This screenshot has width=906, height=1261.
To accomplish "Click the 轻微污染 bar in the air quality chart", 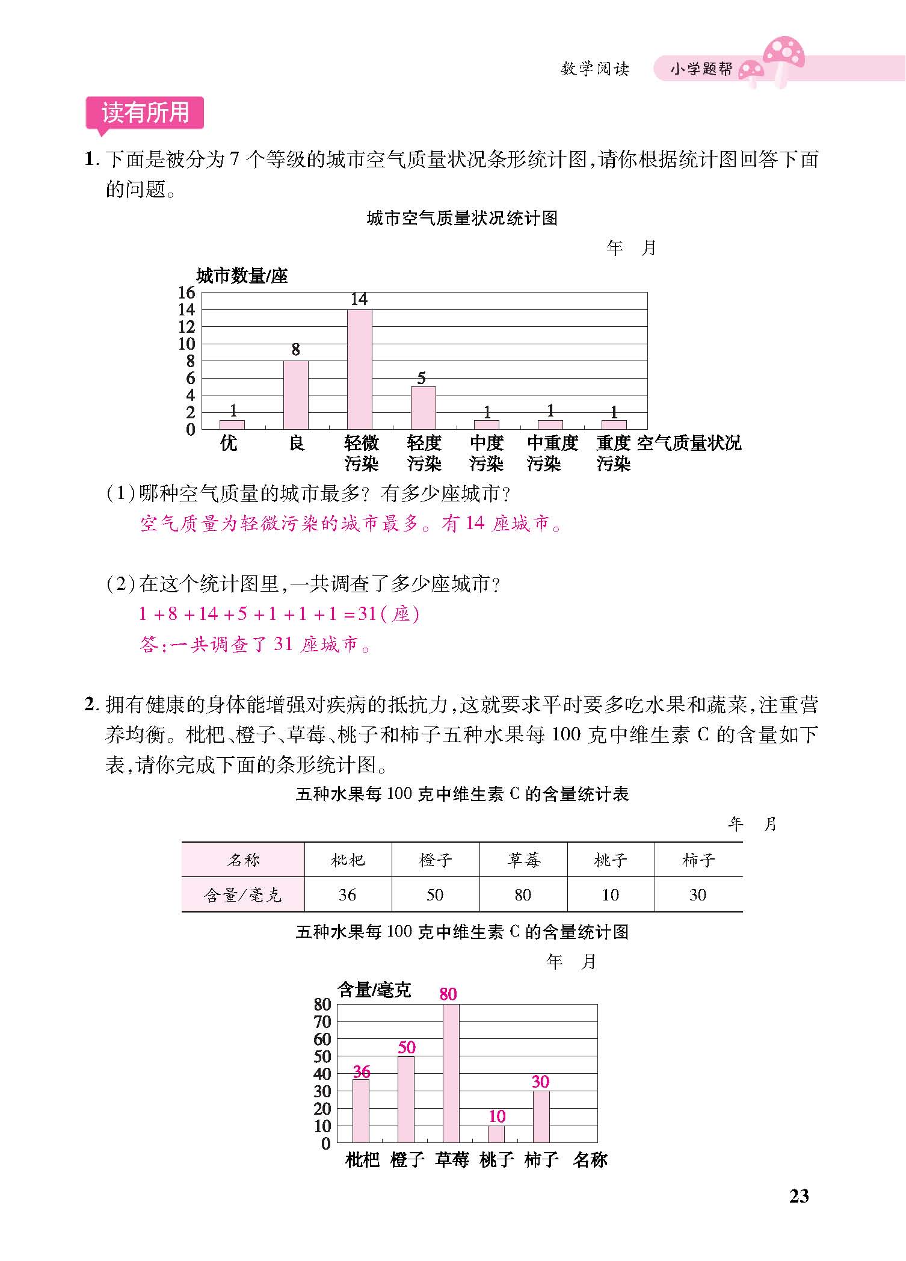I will pyautogui.click(x=359, y=369).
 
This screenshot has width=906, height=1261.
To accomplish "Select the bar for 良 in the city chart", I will pyautogui.click(x=295, y=395).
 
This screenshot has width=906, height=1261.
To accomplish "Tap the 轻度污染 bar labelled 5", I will pyautogui.click(x=423, y=407).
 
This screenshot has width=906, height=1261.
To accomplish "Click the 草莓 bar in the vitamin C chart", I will pyautogui.click(x=451, y=1073).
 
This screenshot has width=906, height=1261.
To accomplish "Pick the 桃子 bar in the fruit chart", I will pyautogui.click(x=496, y=1134).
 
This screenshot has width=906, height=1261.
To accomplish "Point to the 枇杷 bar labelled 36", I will pyautogui.click(x=361, y=1111).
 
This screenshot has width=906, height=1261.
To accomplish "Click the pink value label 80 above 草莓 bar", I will pyautogui.click(x=448, y=994).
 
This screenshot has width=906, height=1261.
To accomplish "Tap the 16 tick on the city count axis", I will pyautogui.click(x=186, y=293).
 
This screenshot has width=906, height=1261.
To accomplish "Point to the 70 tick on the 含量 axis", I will pyautogui.click(x=322, y=1021).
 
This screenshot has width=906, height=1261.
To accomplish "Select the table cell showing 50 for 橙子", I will pyautogui.click(x=435, y=895).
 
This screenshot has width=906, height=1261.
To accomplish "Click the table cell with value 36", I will pyautogui.click(x=347, y=895).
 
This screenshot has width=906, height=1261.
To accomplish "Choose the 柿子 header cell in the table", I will pyautogui.click(x=698, y=860).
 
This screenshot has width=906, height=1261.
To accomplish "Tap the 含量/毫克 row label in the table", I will pyautogui.click(x=242, y=895).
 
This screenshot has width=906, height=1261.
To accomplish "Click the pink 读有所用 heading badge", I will pyautogui.click(x=145, y=113).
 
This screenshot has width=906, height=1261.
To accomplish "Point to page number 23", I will pyautogui.click(x=799, y=1197).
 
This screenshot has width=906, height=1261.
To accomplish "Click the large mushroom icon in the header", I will pyautogui.click(x=783, y=55).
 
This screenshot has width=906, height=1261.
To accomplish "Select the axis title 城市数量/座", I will pyautogui.click(x=242, y=276).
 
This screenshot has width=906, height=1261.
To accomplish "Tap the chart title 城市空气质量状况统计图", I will pyautogui.click(x=462, y=218).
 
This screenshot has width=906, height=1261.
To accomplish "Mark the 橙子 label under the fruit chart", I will pyautogui.click(x=407, y=1160).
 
